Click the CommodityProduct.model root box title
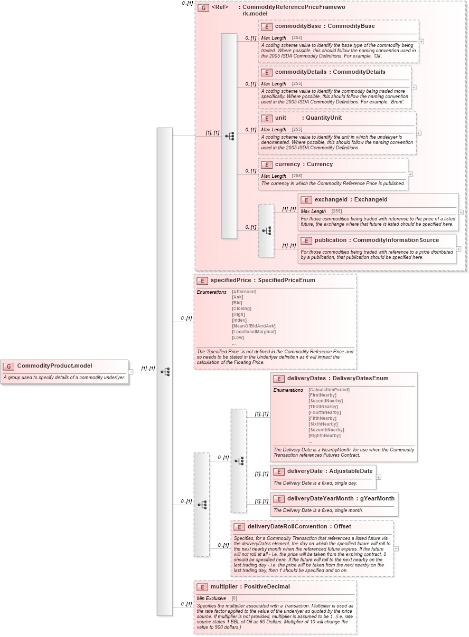click(x=54, y=366)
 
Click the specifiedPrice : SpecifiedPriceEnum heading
click(x=262, y=281)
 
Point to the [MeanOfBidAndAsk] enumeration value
click(x=254, y=326)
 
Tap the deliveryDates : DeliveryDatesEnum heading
click(x=337, y=379)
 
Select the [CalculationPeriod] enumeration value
click(x=329, y=390)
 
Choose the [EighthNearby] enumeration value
click(x=324, y=436)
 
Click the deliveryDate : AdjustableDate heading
click(x=330, y=471)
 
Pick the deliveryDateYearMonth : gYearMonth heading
click(x=341, y=498)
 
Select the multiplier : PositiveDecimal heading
click(x=250, y=587)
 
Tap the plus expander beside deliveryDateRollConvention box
click(x=396, y=548)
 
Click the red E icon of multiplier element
click(x=202, y=587)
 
